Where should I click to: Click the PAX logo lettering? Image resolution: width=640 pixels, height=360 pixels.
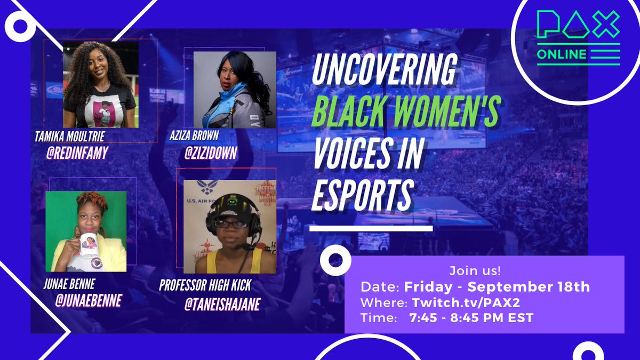coord(578,25)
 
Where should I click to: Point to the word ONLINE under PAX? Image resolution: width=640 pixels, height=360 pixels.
coord(562,54)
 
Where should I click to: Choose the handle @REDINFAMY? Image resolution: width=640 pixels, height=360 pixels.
coord(78,154)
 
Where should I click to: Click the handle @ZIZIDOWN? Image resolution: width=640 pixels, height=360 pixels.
coord(211,153)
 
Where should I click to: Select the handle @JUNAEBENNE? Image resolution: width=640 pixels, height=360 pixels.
coord(89,300)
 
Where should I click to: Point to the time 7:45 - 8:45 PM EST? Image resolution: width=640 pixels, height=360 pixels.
coord(471,318)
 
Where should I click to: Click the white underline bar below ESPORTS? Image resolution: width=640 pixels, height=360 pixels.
coord(371,228)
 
